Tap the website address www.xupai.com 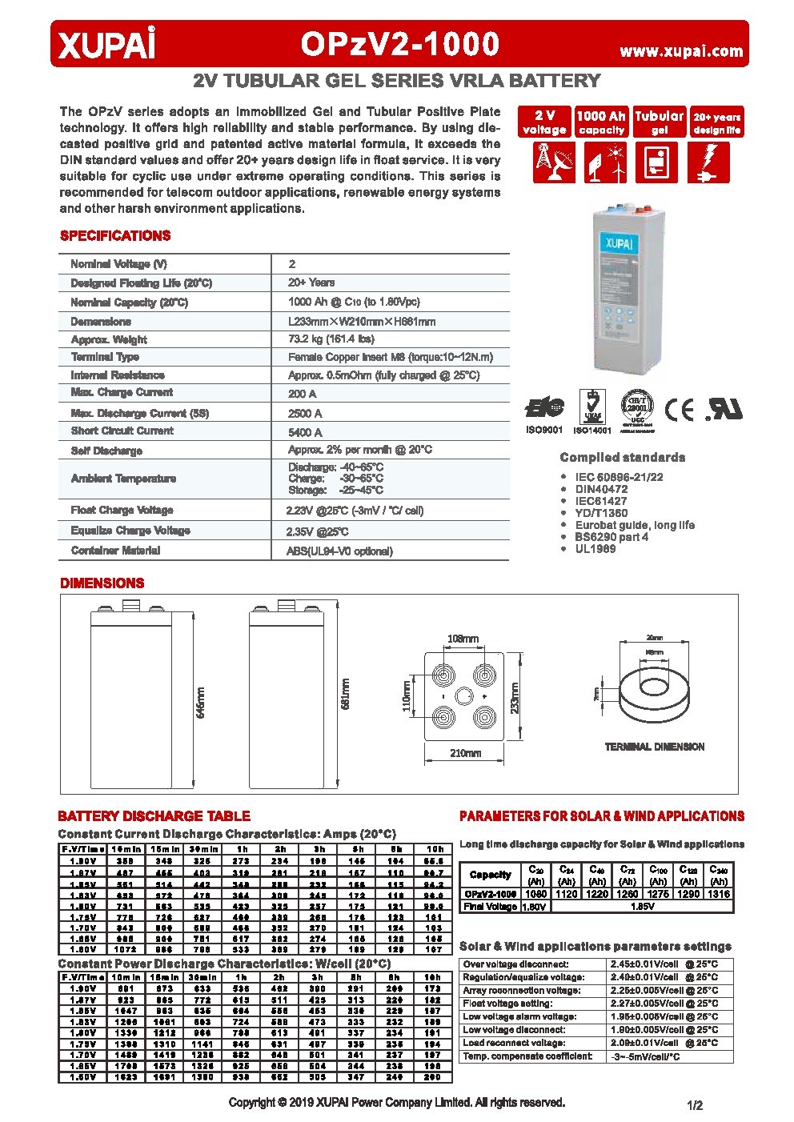pyautogui.click(x=681, y=50)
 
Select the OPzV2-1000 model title pyautogui.click(x=400, y=45)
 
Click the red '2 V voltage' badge pyautogui.click(x=544, y=122)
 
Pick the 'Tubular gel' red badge pyautogui.click(x=659, y=122)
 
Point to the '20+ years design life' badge pyautogui.click(x=716, y=122)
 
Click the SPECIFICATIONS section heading pyautogui.click(x=115, y=236)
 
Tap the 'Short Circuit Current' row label pyautogui.click(x=122, y=431)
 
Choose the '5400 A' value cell pyautogui.click(x=305, y=432)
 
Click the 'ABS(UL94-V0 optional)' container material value pyautogui.click(x=339, y=551)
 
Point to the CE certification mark pyautogui.click(x=680, y=410)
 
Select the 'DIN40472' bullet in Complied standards pyautogui.click(x=601, y=489)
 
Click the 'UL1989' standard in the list pyautogui.click(x=595, y=549)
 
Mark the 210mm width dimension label pyautogui.click(x=465, y=753)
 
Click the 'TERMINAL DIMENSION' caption pyautogui.click(x=654, y=747)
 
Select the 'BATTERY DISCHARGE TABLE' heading pyautogui.click(x=154, y=816)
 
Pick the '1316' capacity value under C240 pyautogui.click(x=719, y=894)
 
